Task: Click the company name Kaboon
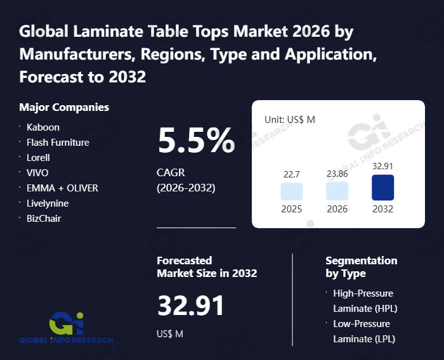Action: point(43,127)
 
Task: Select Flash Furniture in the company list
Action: point(58,143)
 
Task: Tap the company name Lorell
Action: point(38,157)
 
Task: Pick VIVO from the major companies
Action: point(37,172)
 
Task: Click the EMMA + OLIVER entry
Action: point(62,188)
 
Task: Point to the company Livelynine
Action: point(48,203)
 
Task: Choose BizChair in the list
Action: point(44,218)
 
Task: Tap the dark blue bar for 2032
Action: point(383,188)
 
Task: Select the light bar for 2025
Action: point(292,191)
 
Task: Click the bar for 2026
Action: point(337,191)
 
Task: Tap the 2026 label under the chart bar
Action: point(337,209)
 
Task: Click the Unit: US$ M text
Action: point(289,119)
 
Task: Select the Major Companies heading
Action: point(64,107)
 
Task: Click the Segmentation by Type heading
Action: point(362,267)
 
